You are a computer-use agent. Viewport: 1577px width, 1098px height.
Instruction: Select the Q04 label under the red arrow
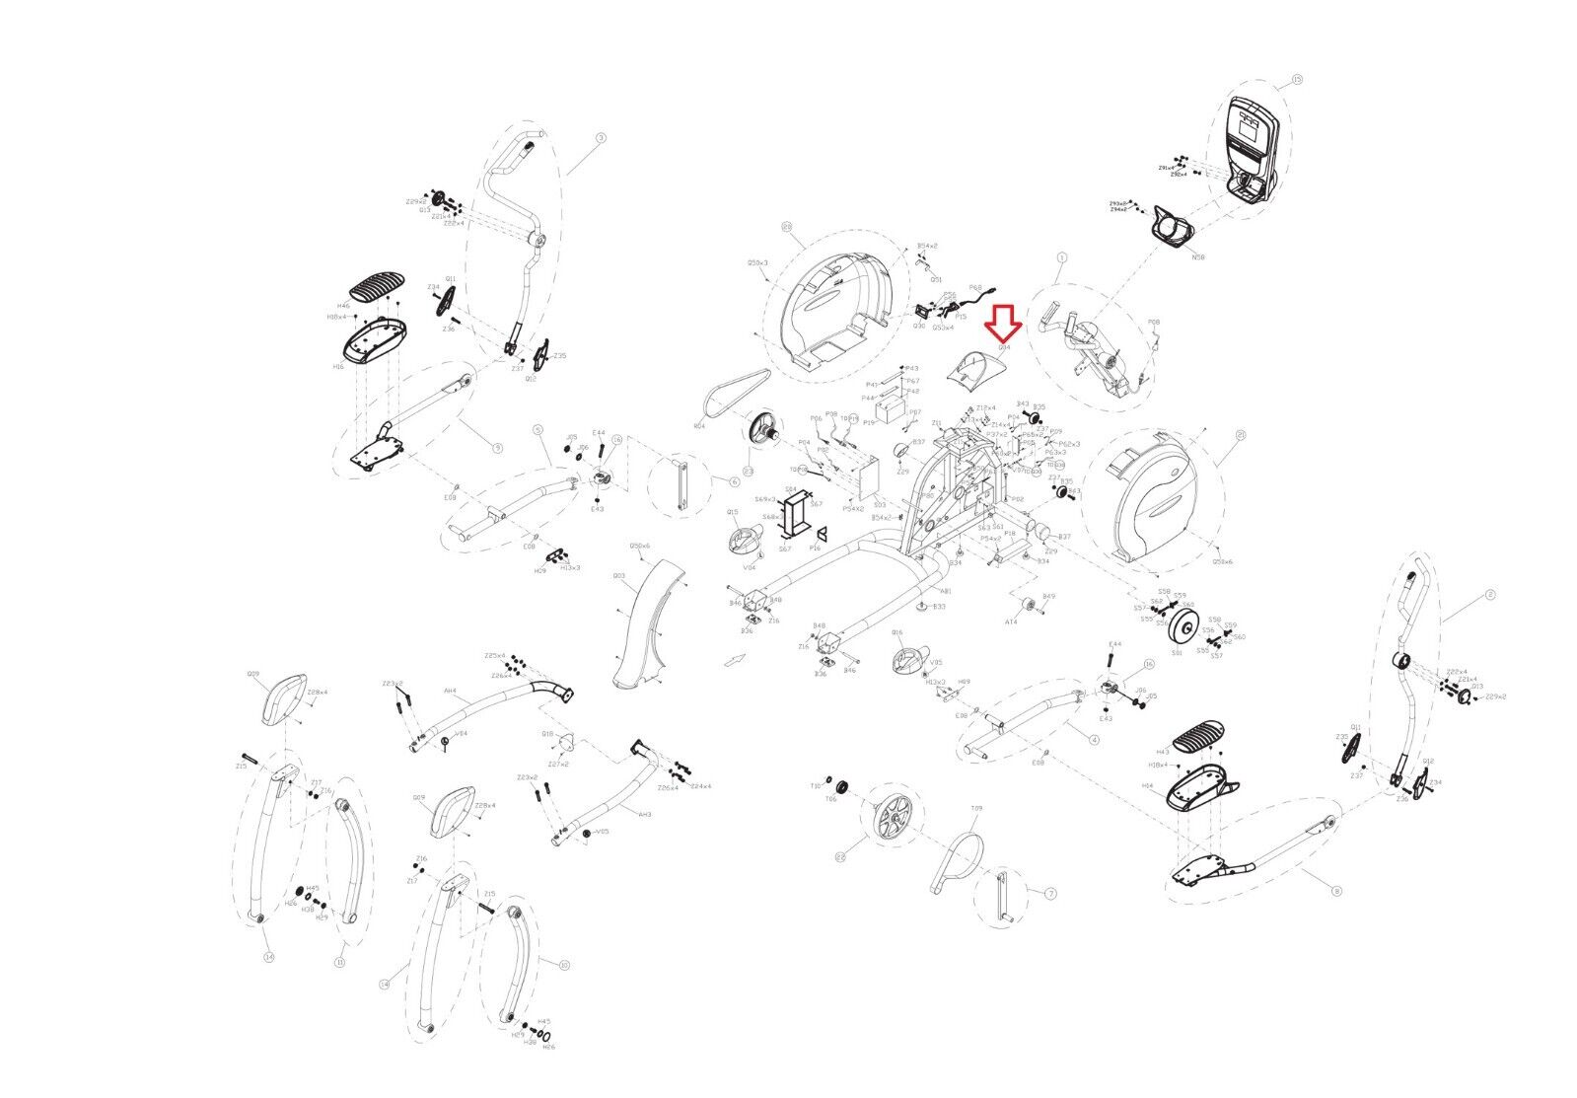click(1005, 348)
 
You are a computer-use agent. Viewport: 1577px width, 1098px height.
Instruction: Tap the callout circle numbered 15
click(1297, 79)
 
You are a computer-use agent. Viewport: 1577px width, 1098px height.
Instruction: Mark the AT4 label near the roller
click(1011, 622)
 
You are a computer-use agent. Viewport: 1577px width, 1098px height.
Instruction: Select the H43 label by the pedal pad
click(1155, 752)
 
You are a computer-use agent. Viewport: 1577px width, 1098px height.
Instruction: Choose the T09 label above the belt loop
click(976, 809)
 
